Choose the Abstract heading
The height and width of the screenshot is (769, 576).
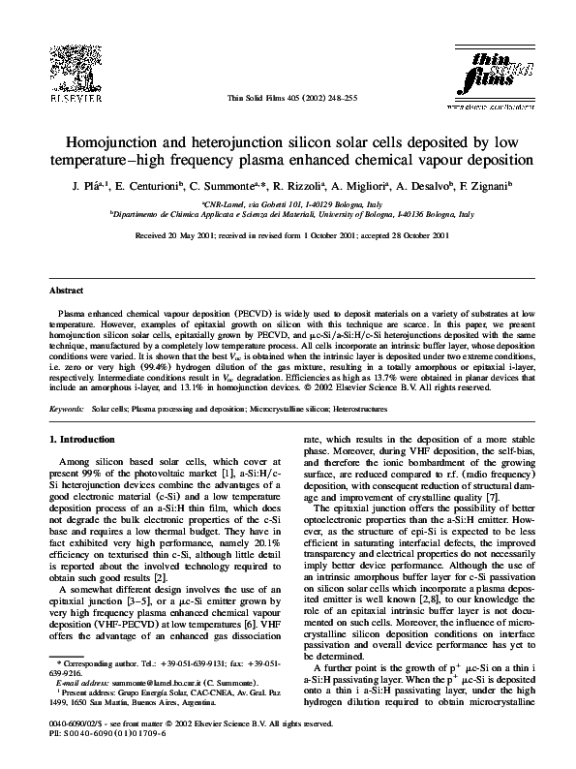67,291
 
